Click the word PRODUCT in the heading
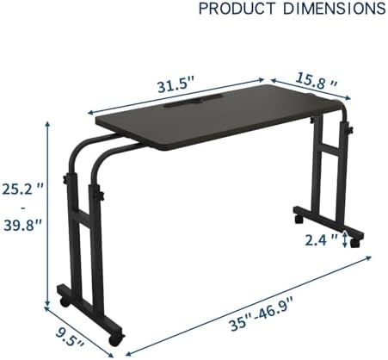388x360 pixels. (237, 9)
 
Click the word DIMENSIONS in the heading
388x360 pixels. (335, 9)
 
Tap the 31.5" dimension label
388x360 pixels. (176, 86)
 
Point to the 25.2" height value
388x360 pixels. (22, 189)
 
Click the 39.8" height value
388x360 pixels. (23, 225)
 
